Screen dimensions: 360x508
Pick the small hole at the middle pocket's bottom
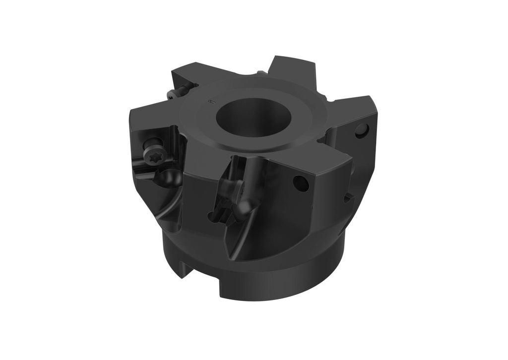212,216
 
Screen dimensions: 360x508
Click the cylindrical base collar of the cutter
278,283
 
